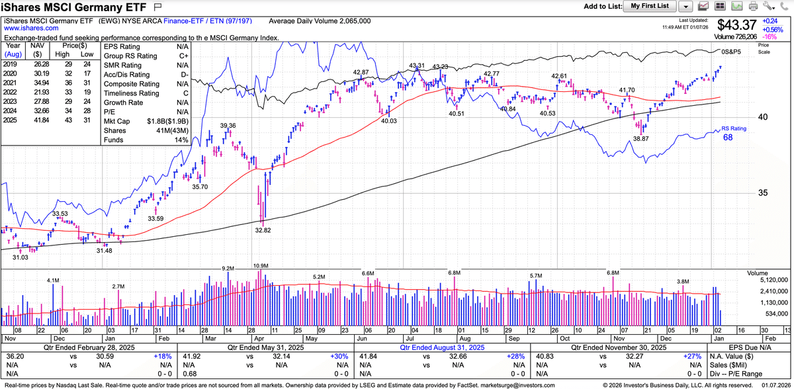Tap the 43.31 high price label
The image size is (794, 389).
(417, 65)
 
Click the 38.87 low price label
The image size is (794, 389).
(640, 139)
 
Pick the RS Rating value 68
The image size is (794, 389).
(728, 138)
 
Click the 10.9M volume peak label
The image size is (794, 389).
(261, 266)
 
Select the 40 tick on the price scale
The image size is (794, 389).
(762, 117)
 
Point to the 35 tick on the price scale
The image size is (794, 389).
(762, 193)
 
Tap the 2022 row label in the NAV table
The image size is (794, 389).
(12, 93)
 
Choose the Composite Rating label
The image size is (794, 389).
(131, 84)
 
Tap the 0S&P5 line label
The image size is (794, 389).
(731, 51)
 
